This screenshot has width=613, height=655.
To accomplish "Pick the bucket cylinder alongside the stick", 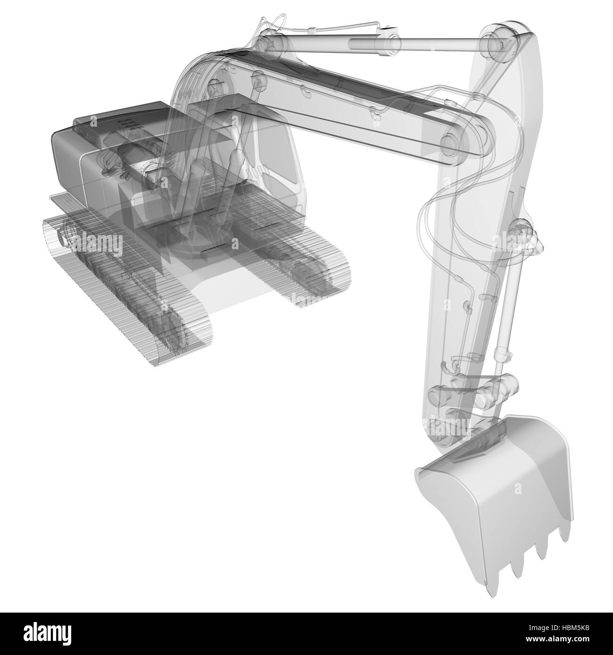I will point(510,302).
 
